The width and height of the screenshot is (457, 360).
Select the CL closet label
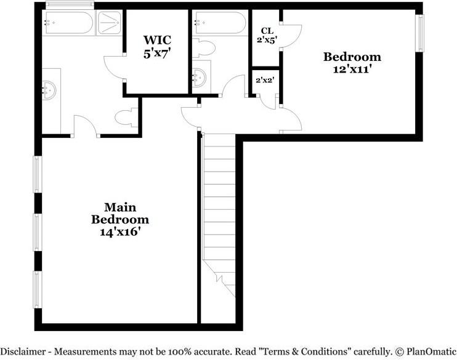(x=267, y=30)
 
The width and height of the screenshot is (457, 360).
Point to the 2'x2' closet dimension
(x=265, y=79)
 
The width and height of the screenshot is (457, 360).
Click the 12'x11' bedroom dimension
(x=352, y=70)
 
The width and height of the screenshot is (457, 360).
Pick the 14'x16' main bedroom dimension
(x=119, y=232)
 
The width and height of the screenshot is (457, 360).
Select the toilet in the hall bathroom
(x=203, y=47)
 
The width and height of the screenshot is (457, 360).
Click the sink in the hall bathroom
(x=200, y=77)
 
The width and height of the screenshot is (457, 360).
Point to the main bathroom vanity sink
(x=50, y=90)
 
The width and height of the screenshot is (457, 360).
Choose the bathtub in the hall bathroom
(x=220, y=23)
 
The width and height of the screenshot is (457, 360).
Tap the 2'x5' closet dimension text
(x=267, y=39)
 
